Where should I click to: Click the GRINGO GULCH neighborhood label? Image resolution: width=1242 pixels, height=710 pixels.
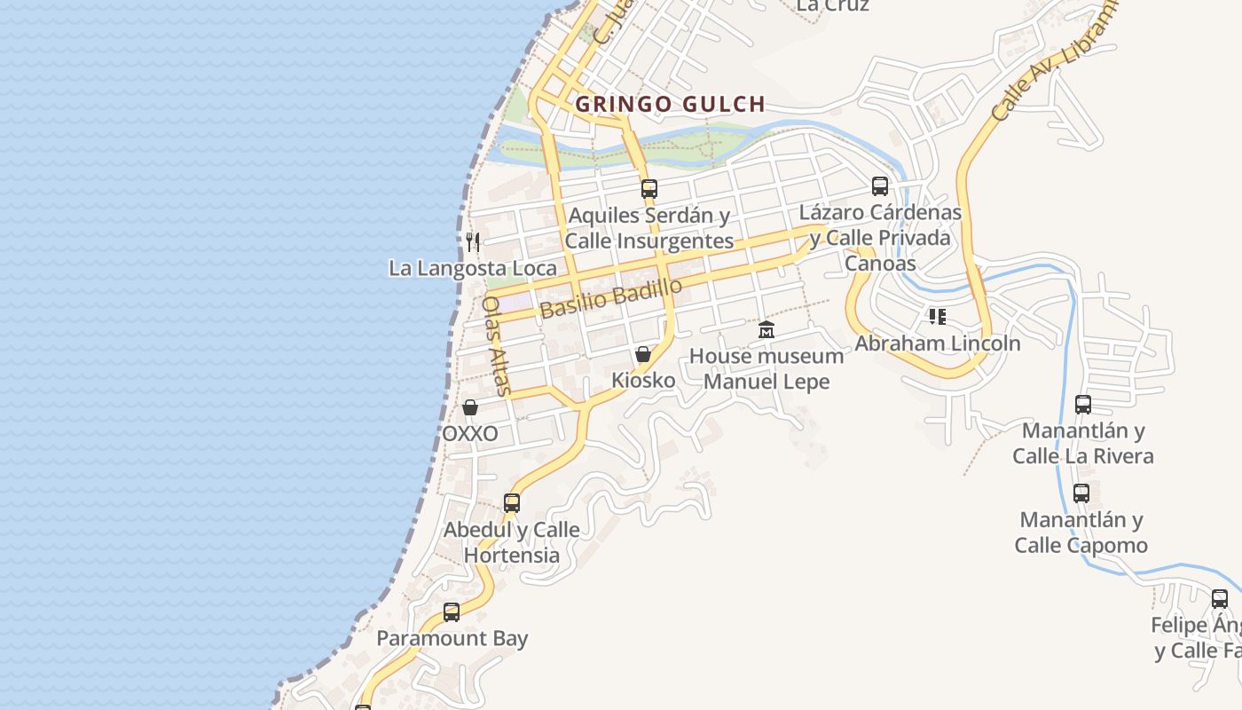click(x=670, y=104)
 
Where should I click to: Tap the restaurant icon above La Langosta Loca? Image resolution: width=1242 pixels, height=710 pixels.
click(x=473, y=241)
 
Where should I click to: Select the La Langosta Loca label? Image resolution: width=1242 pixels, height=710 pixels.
click(x=473, y=268)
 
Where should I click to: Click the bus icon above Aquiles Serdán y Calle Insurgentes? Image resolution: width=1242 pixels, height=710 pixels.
click(x=649, y=188)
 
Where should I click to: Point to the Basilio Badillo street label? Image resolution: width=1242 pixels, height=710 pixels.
click(x=610, y=298)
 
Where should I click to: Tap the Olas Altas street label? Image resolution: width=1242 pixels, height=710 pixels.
click(x=496, y=345)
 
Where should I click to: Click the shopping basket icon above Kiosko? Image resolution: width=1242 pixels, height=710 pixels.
click(x=643, y=354)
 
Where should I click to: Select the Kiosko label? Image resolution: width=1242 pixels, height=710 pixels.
click(x=643, y=380)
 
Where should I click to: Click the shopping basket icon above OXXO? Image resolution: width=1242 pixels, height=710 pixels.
click(x=470, y=407)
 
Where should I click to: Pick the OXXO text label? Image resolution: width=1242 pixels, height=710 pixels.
click(x=470, y=434)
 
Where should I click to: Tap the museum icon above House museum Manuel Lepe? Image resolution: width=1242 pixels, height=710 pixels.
click(x=766, y=330)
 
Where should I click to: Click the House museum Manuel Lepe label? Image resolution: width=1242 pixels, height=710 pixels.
click(x=766, y=368)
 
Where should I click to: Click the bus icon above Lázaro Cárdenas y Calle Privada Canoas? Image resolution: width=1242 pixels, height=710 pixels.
click(x=880, y=186)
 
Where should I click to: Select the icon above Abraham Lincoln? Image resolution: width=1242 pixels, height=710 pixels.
click(x=938, y=317)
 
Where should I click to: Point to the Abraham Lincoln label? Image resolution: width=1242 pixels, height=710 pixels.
click(x=938, y=343)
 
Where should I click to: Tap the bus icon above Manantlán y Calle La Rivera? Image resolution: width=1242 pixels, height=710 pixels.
click(x=1083, y=405)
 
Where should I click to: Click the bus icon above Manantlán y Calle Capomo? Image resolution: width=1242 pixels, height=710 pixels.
click(x=1081, y=493)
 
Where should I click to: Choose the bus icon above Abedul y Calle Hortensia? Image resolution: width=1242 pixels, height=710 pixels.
click(x=512, y=503)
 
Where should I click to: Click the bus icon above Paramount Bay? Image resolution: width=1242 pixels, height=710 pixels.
click(x=452, y=612)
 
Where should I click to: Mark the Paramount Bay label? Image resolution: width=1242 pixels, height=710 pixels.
click(x=452, y=638)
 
